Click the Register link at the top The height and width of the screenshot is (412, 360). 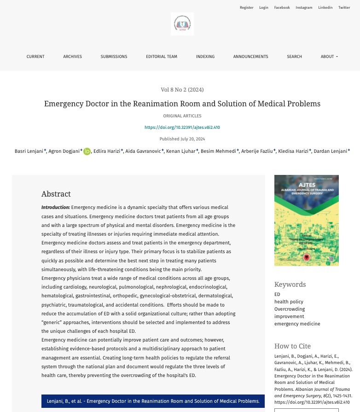246,7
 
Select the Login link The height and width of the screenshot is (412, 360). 263,7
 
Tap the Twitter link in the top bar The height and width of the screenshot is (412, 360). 344,7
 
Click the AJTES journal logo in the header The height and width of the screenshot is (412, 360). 182,24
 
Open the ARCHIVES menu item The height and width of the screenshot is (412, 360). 72,57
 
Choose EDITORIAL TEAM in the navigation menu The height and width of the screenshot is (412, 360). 162,57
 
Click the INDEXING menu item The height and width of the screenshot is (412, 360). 205,57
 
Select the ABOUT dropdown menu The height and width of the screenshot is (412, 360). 329,57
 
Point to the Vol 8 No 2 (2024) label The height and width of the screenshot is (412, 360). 182,89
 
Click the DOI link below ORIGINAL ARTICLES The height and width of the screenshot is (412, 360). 182,128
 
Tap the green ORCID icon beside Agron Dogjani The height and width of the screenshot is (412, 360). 87,151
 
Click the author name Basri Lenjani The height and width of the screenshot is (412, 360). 29,151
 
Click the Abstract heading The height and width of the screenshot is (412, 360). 56,194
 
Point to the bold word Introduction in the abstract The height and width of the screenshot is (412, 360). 56,208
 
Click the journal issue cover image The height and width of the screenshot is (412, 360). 306,220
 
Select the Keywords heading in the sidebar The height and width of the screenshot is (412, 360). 290,284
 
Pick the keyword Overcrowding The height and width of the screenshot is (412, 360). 290,309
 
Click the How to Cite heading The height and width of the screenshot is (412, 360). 292,346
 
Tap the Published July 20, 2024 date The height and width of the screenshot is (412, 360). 182,139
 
